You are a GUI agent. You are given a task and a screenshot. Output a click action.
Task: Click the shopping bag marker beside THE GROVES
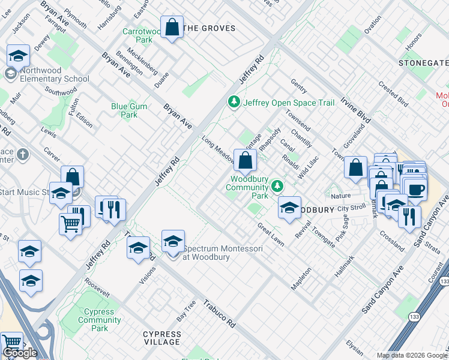click(x=172, y=28)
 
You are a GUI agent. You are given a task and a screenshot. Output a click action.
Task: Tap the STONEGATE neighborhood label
click(x=423, y=63)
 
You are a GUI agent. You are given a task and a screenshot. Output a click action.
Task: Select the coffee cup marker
click(x=415, y=190)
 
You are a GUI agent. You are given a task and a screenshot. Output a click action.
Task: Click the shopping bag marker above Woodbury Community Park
click(x=245, y=160)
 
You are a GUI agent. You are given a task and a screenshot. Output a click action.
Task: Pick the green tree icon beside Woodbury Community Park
click(x=277, y=186)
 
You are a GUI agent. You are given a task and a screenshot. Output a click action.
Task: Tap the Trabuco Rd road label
click(x=218, y=313)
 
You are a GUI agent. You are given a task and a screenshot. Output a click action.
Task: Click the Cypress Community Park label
click(x=100, y=320)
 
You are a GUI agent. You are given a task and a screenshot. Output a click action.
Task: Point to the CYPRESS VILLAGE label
click(x=161, y=338)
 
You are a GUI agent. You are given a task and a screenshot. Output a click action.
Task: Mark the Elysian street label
click(x=355, y=348)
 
